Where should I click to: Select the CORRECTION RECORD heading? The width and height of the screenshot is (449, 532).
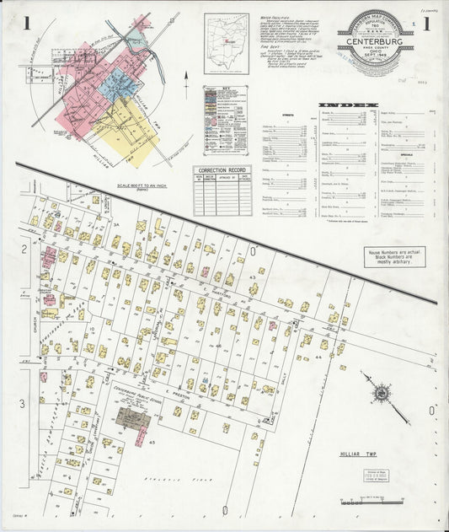pyautogui.click(x=222, y=170)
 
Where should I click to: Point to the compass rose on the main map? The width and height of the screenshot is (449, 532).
pyautogui.click(x=379, y=392)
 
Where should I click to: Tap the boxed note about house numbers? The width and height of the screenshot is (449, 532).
pyautogui.click(x=393, y=257)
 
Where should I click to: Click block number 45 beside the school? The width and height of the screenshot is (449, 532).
pyautogui.click(x=152, y=442)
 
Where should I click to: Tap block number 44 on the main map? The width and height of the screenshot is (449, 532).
pyautogui.click(x=318, y=357)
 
